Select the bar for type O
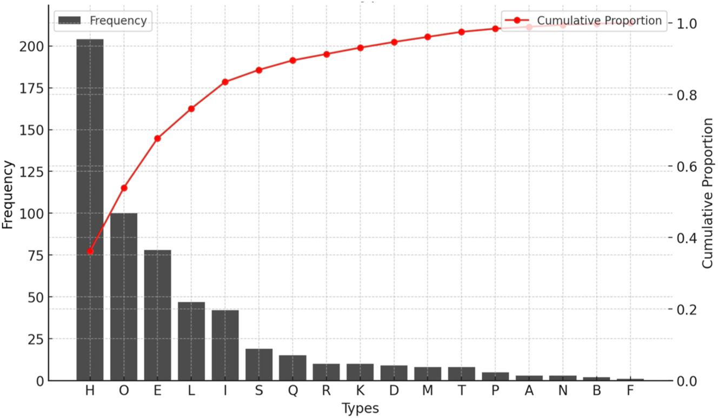pos(124,297)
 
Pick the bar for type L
pos(191,341)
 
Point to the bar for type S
pos(259,364)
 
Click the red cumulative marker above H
pos(90,251)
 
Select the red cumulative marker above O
pos(124,188)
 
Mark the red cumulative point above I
pos(225,82)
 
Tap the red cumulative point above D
pos(394,42)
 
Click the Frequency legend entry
pos(103,21)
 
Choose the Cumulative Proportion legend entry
pos(583,21)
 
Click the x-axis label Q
pos(292,392)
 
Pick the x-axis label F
pos(630,392)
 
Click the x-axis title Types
pos(360,408)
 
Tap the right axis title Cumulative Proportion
pos(707,194)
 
